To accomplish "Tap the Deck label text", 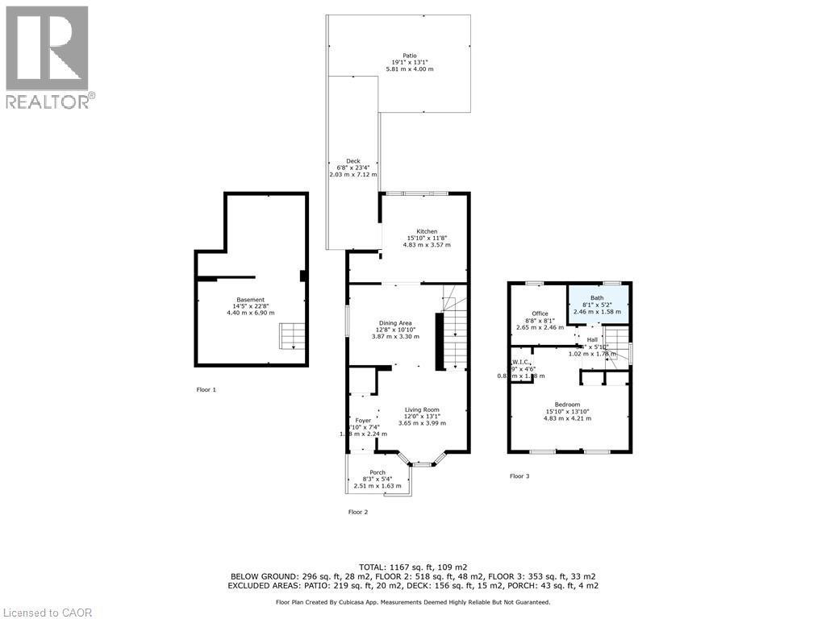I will tap(353, 161).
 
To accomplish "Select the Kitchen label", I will tap(427, 231).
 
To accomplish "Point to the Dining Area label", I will tap(395, 323).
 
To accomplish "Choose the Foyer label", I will tap(363, 421).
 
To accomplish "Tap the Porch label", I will tap(377, 472).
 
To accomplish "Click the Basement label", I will tap(250, 300).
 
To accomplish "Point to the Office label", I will tap(540, 314).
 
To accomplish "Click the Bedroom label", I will tap(567, 405).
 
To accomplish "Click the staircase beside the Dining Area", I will tap(456, 339).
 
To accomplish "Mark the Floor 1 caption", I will tap(206, 390).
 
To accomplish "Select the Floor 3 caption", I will tap(519, 476).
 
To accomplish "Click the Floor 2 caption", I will tap(357, 512).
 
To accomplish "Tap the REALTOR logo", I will tap(48, 56).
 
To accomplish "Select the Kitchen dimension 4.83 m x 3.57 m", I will tap(427, 244).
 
